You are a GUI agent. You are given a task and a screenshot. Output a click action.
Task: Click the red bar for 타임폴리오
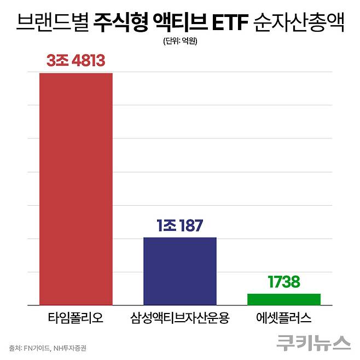pyautogui.click(x=76, y=189)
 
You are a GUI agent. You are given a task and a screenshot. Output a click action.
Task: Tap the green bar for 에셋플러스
pyautogui.click(x=284, y=299)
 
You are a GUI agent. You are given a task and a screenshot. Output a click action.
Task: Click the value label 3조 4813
pyautogui.click(x=76, y=61)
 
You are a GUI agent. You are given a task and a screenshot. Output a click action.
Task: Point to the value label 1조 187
pyautogui.click(x=179, y=225)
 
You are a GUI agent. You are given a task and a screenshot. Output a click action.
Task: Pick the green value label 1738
pyautogui.click(x=284, y=282)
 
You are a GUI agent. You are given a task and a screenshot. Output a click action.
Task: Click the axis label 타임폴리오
pyautogui.click(x=76, y=318)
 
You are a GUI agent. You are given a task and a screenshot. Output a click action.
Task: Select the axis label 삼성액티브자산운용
pyautogui.click(x=179, y=318)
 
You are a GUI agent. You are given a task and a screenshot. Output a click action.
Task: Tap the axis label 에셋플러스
pyautogui.click(x=284, y=318)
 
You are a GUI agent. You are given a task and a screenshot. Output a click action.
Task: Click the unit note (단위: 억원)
pyautogui.click(x=180, y=42)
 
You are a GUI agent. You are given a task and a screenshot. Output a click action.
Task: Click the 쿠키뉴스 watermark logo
pyautogui.click(x=313, y=342)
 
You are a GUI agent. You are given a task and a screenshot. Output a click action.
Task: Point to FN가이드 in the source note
pyautogui.click(x=37, y=347)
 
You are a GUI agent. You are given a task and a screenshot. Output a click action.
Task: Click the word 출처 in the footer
pyautogui.click(x=15, y=347)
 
